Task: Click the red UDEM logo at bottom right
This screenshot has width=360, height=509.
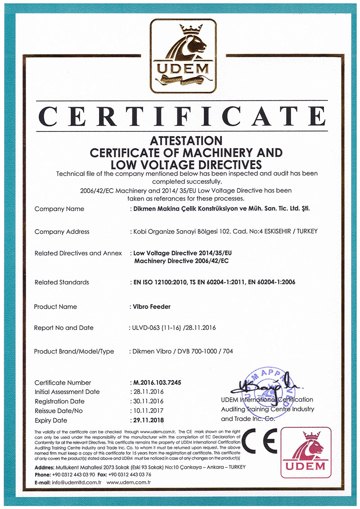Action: (x=306, y=452)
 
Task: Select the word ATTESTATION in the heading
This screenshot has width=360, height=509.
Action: (x=186, y=141)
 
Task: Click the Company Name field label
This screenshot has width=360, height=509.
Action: (x=59, y=209)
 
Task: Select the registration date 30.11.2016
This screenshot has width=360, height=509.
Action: (x=147, y=401)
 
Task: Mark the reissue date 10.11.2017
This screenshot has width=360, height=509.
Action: (x=147, y=410)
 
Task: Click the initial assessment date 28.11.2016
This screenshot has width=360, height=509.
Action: (x=147, y=392)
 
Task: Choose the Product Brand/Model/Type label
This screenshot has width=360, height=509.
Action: (x=74, y=351)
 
